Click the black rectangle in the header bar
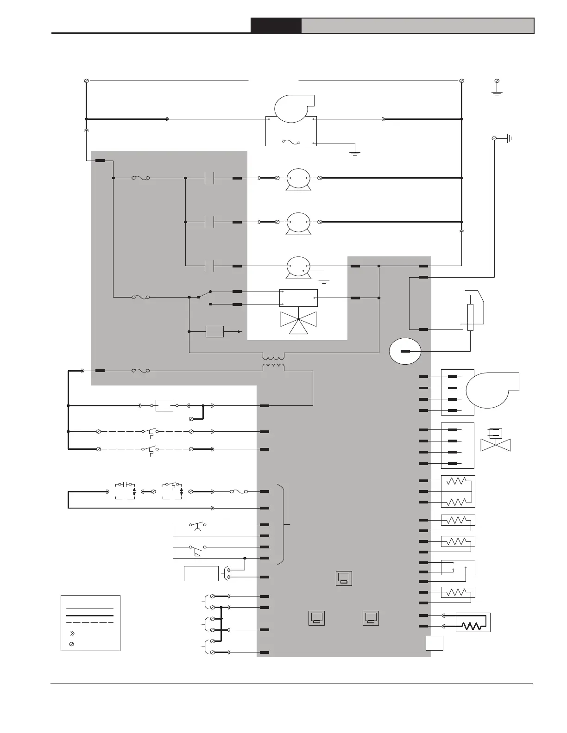tap(276, 25)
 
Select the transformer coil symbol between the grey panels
tap(274, 362)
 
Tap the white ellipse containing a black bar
tap(404, 351)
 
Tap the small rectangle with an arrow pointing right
tap(214, 332)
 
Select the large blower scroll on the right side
tap(491, 389)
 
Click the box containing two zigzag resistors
tap(458, 491)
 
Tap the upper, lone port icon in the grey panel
tap(344, 578)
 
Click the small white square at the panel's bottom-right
tap(435, 643)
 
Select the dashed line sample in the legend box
tap(90, 623)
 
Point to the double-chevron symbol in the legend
tap(71, 633)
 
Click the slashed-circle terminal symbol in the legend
tap(71, 644)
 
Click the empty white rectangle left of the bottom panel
tap(201, 573)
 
